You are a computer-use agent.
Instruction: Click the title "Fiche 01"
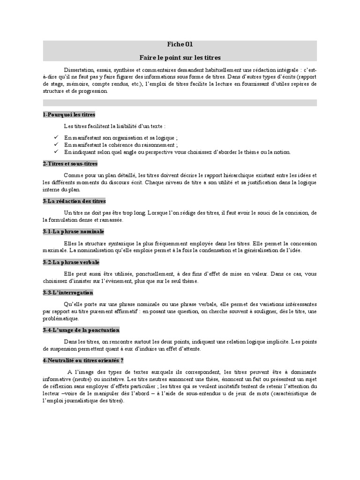pyautogui.click(x=180, y=45)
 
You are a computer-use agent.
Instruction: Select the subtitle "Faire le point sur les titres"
pyautogui.click(x=180, y=57)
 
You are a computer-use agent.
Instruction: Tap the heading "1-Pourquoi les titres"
pyautogui.click(x=68, y=114)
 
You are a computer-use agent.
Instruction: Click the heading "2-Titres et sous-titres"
pyautogui.click(x=70, y=164)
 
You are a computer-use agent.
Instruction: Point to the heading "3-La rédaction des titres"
pyautogui.click(x=74, y=201)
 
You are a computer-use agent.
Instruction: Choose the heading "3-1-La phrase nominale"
pyautogui.click(x=73, y=232)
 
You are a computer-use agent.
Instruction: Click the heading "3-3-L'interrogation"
pyautogui.click(x=67, y=292)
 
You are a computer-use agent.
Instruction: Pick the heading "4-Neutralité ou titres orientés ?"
pyautogui.click(x=82, y=360)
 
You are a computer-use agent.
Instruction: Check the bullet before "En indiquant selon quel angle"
pyautogui.click(x=56, y=152)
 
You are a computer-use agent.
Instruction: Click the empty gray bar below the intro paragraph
pyautogui.click(x=180, y=102)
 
